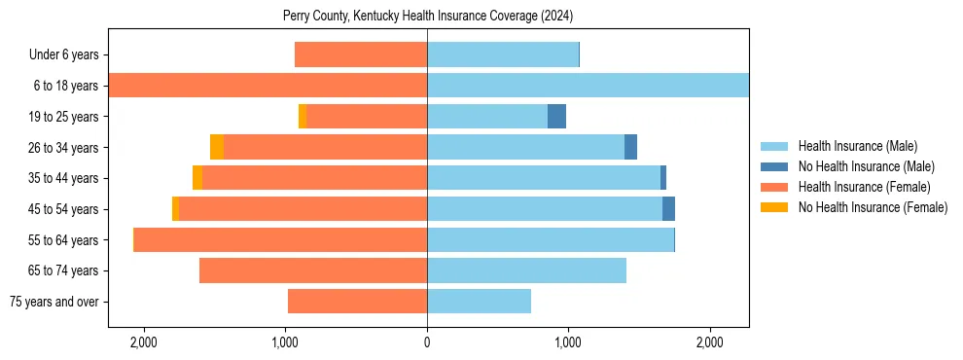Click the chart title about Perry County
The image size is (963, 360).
pyautogui.click(x=427, y=17)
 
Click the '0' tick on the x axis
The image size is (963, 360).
pyautogui.click(x=427, y=342)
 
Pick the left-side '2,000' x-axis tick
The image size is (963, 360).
pyautogui.click(x=144, y=342)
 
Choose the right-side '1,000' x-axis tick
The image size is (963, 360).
pyautogui.click(x=568, y=342)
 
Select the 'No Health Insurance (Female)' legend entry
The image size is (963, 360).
pyautogui.click(x=873, y=207)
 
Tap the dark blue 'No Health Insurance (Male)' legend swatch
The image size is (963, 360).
pyautogui.click(x=774, y=167)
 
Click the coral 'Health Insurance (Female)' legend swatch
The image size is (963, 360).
pyautogui.click(x=774, y=187)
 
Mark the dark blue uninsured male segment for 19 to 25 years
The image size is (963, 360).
pyautogui.click(x=556, y=117)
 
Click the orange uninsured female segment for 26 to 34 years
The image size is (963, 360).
pyautogui.click(x=217, y=147)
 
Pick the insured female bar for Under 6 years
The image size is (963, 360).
pyautogui.click(x=361, y=55)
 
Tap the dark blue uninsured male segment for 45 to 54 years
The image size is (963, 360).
pyautogui.click(x=668, y=209)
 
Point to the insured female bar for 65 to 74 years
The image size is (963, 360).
pyautogui.click(x=313, y=270)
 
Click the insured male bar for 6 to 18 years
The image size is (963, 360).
pyautogui.click(x=588, y=86)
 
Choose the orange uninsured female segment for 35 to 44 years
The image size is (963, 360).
pyautogui.click(x=197, y=178)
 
